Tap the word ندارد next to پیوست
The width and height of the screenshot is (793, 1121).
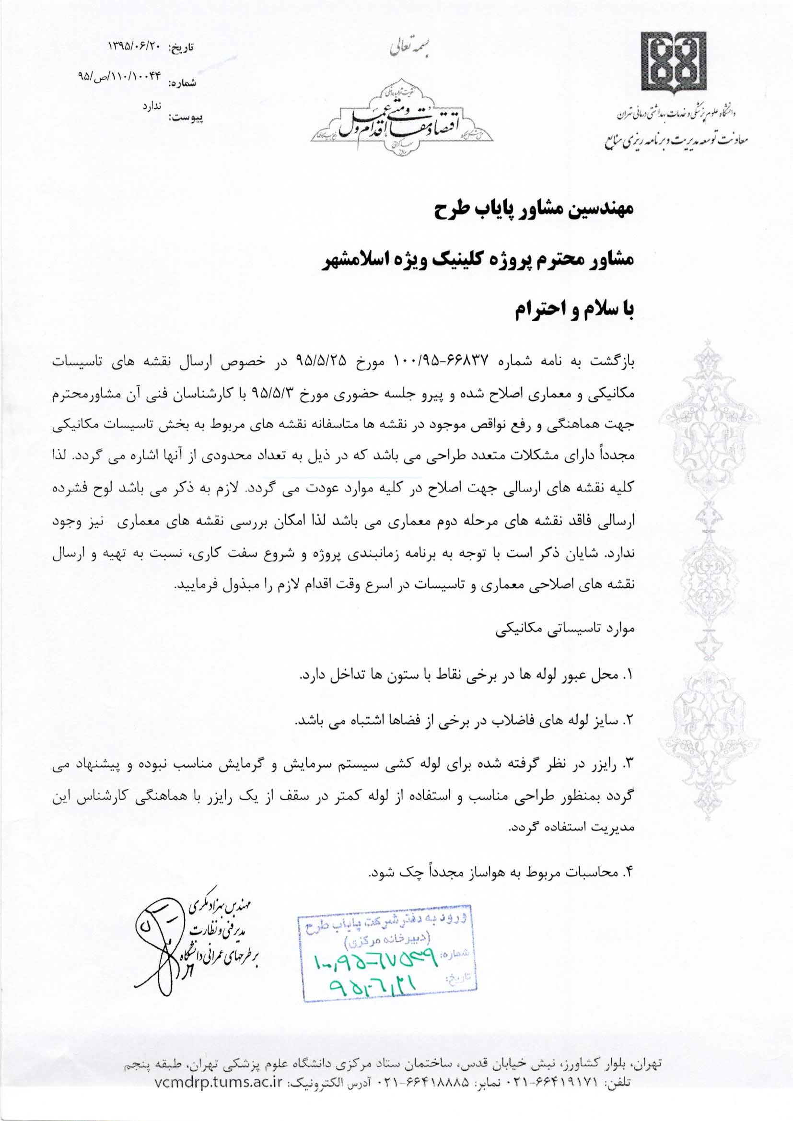152,106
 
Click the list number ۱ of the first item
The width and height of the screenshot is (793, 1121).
629,676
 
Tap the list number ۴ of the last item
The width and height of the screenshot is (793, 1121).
629,872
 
